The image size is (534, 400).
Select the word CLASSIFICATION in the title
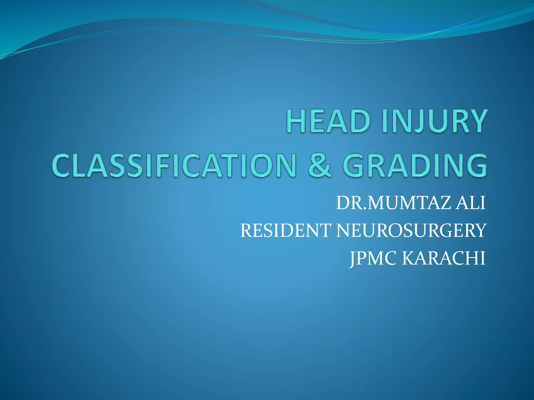point(174,166)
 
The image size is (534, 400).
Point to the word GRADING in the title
point(415,166)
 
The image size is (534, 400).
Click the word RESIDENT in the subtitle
point(286,230)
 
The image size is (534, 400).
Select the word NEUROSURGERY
point(411,230)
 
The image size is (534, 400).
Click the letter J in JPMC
point(352,259)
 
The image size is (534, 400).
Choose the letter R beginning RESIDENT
point(247,230)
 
